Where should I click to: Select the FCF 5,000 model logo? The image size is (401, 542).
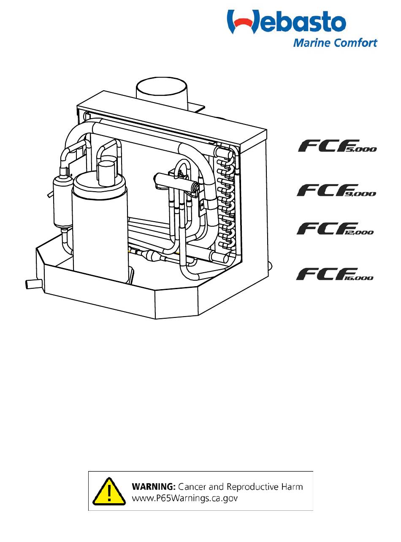(336, 146)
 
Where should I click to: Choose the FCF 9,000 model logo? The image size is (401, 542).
(336, 191)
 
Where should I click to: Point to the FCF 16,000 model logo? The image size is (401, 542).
(335, 274)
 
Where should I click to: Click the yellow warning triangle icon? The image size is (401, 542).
(109, 491)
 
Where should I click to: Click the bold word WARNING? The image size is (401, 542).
(154, 487)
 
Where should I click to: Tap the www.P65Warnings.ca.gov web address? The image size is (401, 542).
(185, 498)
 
